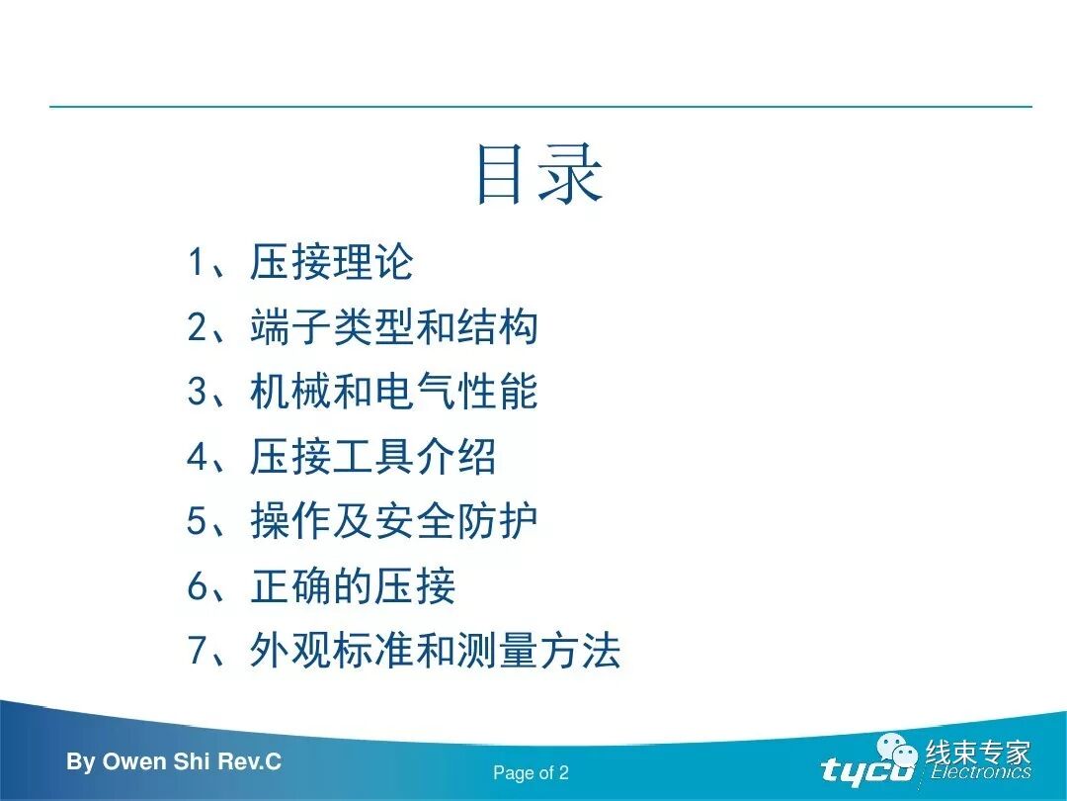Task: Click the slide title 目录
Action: coord(538,175)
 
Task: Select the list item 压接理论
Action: coord(331,263)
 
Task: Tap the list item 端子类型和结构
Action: coord(393,327)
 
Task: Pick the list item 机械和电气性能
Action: coord(393,393)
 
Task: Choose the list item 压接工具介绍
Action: coord(372,458)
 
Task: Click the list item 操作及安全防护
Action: coord(393,522)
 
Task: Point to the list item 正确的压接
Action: coord(353,587)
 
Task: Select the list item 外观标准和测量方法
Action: coord(435,652)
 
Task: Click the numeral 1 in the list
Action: coord(196,264)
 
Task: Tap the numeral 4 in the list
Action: coord(196,458)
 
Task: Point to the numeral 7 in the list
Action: coord(196,652)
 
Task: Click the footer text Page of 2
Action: coord(531,773)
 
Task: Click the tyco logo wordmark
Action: coord(867,770)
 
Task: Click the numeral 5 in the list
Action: coord(196,522)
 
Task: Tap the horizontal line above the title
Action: coord(540,107)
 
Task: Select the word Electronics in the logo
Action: coord(980,773)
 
